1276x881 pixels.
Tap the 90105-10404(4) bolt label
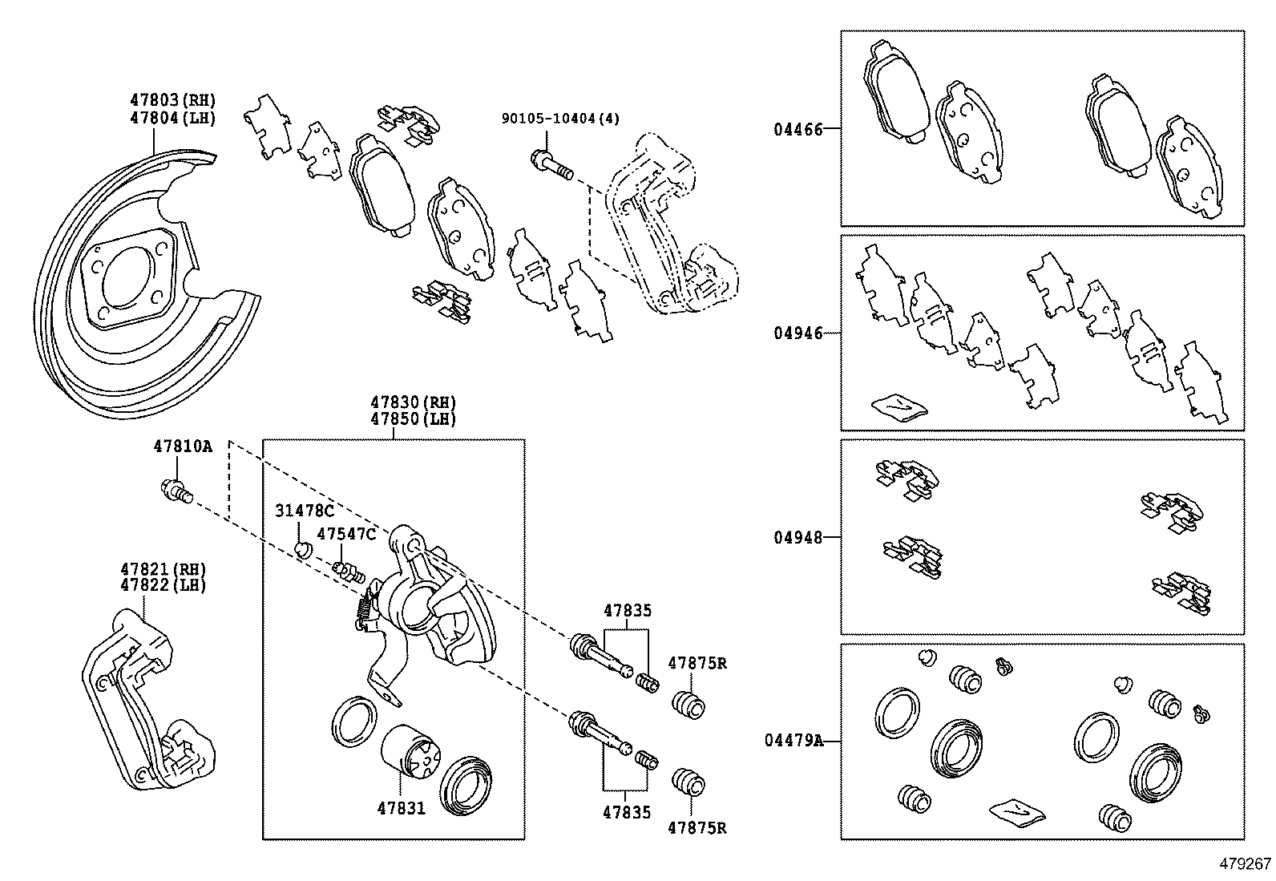[560, 119]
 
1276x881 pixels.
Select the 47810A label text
[182, 447]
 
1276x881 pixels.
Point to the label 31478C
[304, 511]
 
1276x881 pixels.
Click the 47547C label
[345, 534]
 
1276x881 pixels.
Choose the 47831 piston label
[401, 808]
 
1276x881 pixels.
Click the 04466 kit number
[797, 128]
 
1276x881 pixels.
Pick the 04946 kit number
[797, 333]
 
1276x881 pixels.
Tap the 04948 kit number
[797, 537]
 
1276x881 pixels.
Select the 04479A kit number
[793, 741]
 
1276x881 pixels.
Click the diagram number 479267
[1245, 864]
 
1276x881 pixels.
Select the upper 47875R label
[697, 663]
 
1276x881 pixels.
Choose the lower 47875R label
[697, 828]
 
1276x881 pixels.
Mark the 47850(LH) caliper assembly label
[413, 419]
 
